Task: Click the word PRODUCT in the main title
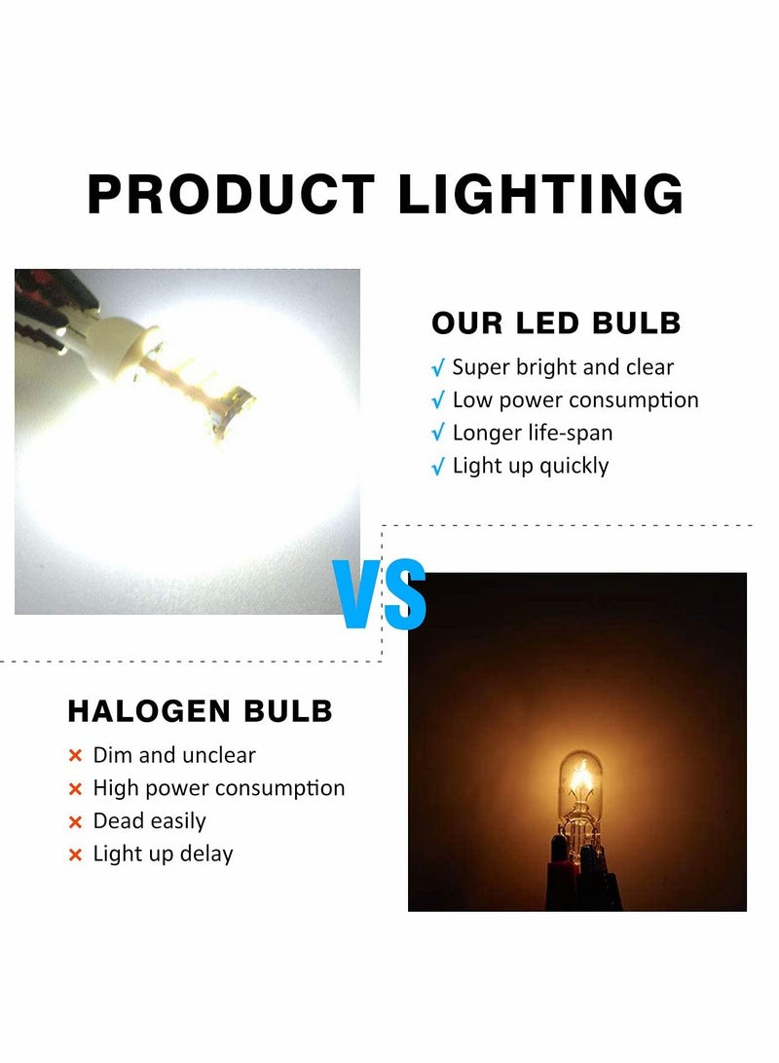231,194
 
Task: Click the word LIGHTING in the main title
540,194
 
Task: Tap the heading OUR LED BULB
556,323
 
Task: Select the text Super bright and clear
563,367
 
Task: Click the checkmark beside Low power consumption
438,400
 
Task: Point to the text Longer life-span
533,434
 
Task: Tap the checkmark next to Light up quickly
438,467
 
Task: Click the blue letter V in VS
357,594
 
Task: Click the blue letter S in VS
405,594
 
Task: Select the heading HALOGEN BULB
201,711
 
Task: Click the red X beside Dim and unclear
75,756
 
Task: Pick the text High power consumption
219,788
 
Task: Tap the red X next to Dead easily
75,822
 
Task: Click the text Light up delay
163,854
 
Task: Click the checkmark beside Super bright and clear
438,368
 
